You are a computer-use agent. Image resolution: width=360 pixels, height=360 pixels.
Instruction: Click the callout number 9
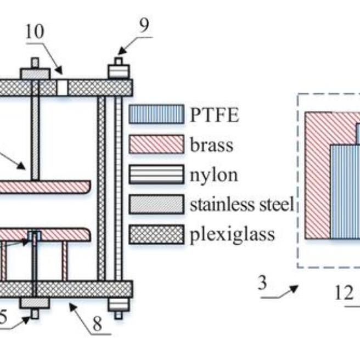144,25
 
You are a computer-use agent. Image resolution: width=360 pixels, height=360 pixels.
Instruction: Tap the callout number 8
97,323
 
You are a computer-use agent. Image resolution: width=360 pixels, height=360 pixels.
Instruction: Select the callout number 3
262,284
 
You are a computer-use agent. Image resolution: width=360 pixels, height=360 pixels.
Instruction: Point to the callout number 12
344,293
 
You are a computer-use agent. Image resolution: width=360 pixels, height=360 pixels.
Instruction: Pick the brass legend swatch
156,144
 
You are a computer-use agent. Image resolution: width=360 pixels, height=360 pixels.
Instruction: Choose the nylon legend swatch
156,175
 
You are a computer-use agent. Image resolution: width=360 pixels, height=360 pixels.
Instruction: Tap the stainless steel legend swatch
156,205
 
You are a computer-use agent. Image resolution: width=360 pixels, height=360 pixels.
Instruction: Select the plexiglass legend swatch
156,235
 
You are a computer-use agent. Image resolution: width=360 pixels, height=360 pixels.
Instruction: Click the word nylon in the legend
214,175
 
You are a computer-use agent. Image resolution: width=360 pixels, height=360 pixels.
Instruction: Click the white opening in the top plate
62,87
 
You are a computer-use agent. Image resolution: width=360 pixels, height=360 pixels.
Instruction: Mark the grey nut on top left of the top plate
35,73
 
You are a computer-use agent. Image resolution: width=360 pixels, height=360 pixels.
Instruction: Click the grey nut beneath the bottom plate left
34,303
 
